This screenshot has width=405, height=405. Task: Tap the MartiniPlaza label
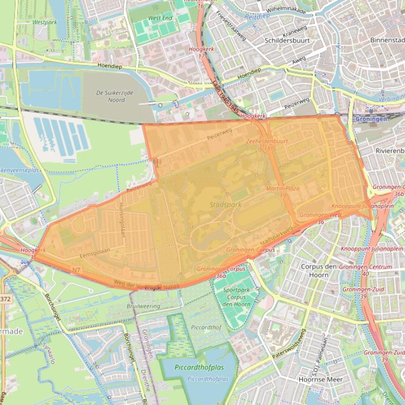coord(282,188)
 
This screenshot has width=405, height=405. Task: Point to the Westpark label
coord(44,23)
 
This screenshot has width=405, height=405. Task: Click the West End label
coord(160,18)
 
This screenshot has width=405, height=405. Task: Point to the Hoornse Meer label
coord(320,379)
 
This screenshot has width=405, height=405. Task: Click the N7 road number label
coord(76,270)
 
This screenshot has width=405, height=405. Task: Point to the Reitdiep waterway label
coord(262,16)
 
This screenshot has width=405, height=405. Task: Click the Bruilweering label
coord(143,306)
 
